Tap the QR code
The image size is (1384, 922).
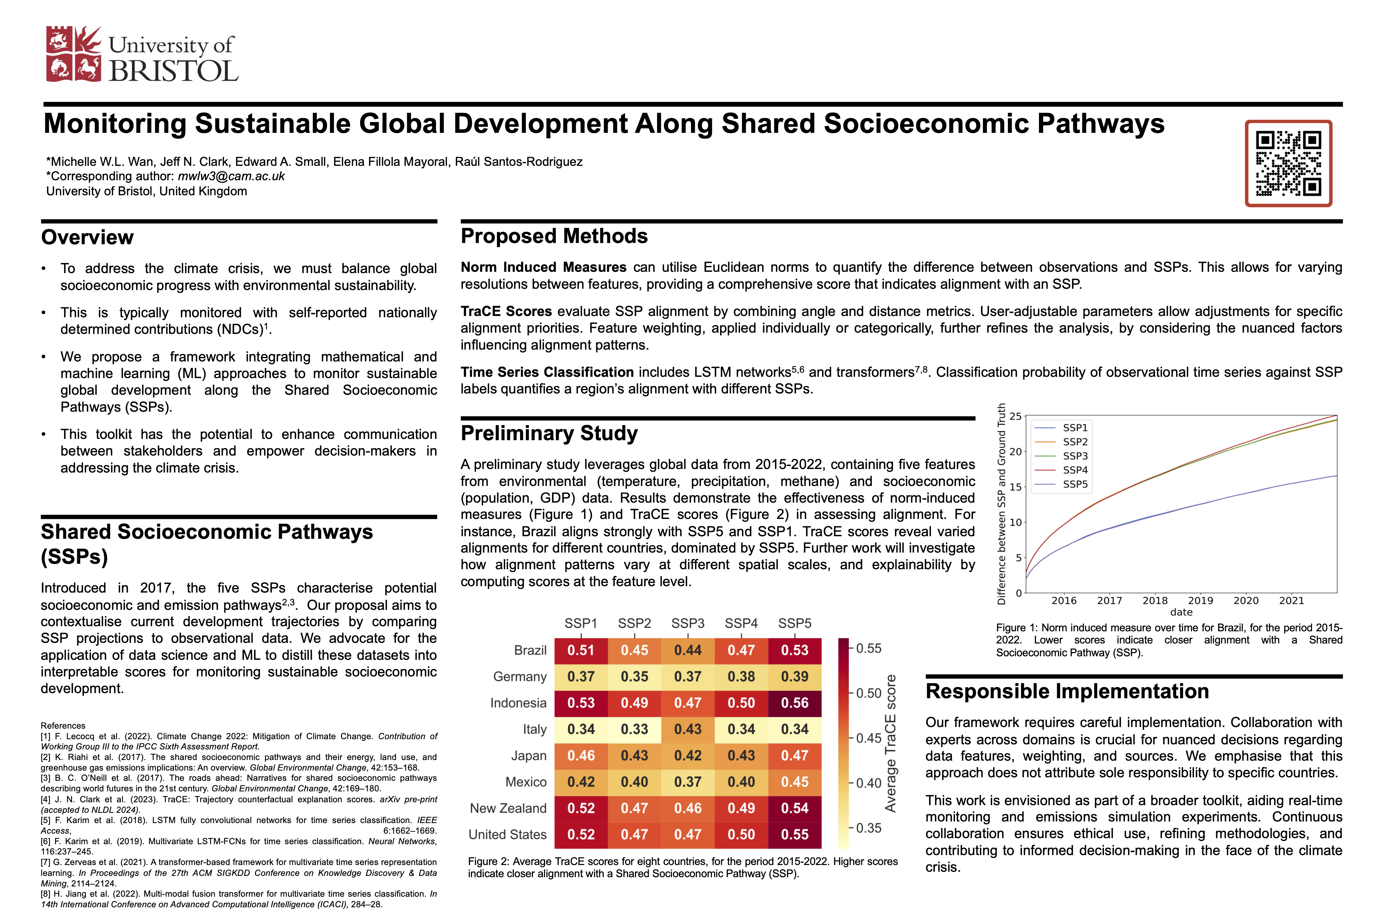point(1288,164)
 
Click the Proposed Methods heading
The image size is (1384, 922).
point(554,236)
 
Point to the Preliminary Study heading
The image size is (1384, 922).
point(549,433)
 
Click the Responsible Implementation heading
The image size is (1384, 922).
point(1067,691)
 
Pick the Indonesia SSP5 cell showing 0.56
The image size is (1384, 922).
point(795,703)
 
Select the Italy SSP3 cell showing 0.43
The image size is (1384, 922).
point(688,729)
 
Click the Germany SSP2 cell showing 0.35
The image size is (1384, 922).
point(634,677)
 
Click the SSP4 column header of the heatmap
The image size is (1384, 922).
point(741,623)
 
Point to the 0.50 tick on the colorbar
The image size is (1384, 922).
point(869,693)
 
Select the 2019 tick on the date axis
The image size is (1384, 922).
point(1200,600)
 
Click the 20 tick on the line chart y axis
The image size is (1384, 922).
point(1016,452)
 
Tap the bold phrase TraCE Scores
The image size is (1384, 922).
point(506,311)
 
